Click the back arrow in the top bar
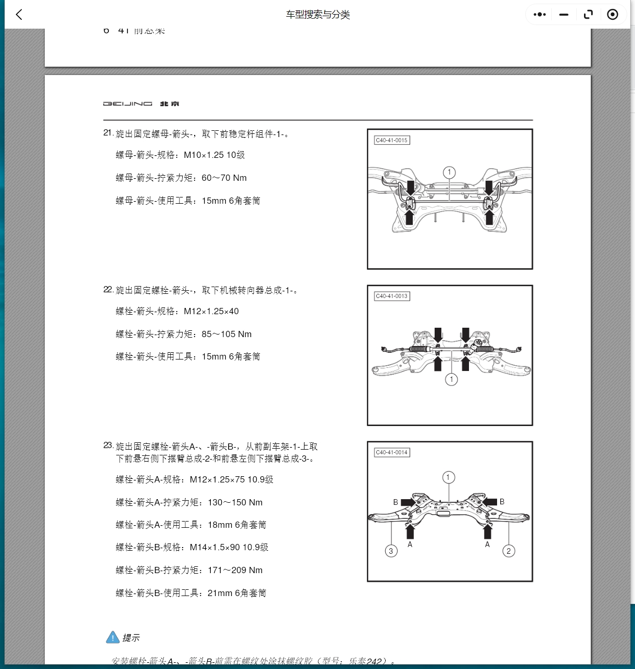tap(19, 15)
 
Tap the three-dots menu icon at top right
tap(540, 15)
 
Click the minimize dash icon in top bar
tap(564, 15)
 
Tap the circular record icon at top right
tap(613, 15)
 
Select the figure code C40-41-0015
tap(392, 140)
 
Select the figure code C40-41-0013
tap(392, 296)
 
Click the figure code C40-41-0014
tap(392, 452)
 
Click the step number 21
tap(108, 133)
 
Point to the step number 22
tap(108, 289)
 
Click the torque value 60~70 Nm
tap(224, 178)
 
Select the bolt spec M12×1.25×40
tap(211, 312)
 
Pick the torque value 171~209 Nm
tap(235, 571)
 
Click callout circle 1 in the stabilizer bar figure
tap(449, 172)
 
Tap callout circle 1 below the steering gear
tap(451, 379)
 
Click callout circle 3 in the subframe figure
tap(391, 551)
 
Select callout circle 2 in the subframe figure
tap(509, 551)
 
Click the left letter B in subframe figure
tap(396, 502)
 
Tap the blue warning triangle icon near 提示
tap(112, 637)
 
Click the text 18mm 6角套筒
tap(237, 525)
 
